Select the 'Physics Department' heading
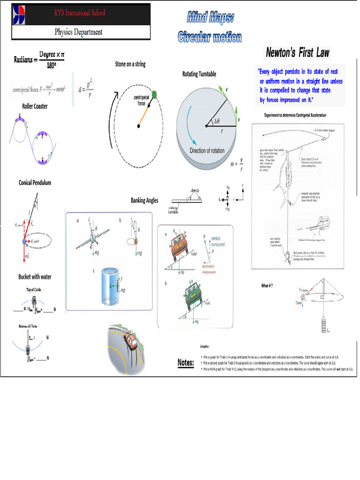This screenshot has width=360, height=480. (x=79, y=32)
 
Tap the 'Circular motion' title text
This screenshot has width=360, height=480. (x=210, y=37)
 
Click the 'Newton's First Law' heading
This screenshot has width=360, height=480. (x=298, y=52)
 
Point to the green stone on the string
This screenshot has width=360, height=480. (x=155, y=95)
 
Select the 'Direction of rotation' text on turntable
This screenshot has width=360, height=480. (x=207, y=150)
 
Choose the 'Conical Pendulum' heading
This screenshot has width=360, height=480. (x=35, y=183)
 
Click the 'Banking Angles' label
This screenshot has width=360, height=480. (x=144, y=201)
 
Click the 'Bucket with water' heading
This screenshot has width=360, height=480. (x=35, y=277)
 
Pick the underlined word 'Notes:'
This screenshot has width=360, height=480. (x=186, y=363)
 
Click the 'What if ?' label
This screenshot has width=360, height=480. (x=267, y=285)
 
